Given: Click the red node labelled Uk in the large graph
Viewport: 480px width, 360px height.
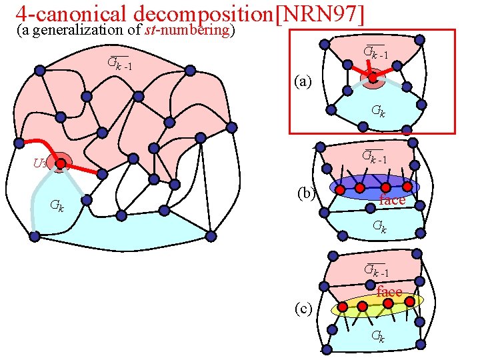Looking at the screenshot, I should pos(60,163).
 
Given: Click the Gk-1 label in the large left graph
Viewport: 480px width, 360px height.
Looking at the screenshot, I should pos(119,64).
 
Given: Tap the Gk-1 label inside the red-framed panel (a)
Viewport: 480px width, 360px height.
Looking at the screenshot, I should pos(376,51).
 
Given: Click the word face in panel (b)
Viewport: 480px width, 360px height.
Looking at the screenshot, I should pos(392,200).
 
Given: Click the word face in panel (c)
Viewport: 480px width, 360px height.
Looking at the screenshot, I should pos(389,292).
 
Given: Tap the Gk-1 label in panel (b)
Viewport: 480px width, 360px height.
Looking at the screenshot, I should pos(374,157).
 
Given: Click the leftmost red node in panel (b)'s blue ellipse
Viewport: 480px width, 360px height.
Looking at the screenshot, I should pos(340,190).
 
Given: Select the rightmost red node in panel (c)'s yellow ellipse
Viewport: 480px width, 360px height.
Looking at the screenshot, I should pos(410,301).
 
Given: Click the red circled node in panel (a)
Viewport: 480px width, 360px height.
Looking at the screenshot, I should pos(373,77).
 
